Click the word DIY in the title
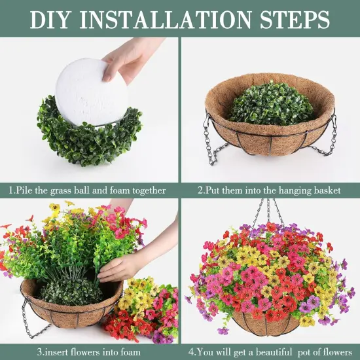coord(50,20)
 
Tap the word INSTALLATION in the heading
coord(166,20)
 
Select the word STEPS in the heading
coord(295,20)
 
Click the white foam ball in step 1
coord(92,92)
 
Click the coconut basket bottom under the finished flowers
coord(266,324)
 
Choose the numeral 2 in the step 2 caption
coord(200,190)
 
